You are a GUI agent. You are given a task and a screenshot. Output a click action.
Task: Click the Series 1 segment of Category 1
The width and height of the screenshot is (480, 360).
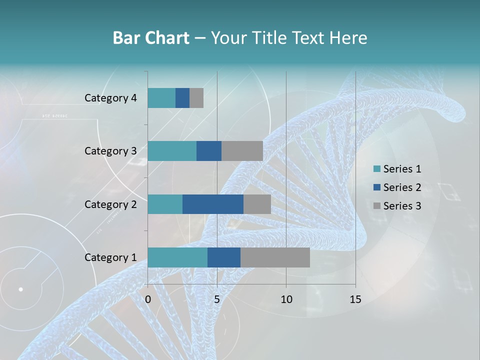(177, 257)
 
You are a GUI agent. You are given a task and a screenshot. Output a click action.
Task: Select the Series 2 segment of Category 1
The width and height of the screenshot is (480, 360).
(224, 257)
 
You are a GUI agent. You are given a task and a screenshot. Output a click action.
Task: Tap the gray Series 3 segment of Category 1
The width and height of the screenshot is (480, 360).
(275, 257)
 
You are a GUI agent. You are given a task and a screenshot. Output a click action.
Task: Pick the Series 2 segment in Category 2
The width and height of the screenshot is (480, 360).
(213, 204)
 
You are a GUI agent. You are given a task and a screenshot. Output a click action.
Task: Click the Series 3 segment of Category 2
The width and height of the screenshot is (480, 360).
(257, 204)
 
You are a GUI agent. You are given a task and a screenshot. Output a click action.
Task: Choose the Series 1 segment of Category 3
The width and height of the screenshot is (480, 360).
(172, 151)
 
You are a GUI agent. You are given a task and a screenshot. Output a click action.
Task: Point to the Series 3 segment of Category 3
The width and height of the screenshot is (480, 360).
(242, 151)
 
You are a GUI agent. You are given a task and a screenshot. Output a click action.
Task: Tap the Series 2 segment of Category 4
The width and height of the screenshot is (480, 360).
(182, 98)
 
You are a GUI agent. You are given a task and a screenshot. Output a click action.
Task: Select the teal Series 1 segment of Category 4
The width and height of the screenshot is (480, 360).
(161, 98)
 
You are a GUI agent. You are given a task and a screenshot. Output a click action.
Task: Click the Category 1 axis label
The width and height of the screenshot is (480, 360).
(110, 257)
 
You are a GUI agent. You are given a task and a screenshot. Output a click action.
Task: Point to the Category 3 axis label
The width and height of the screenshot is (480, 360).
(110, 151)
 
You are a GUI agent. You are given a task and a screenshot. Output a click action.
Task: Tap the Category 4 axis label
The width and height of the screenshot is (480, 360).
(110, 98)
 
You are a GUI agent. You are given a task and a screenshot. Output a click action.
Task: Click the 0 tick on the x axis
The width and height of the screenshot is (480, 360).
(148, 299)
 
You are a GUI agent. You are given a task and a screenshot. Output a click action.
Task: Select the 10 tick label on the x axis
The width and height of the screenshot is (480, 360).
(286, 299)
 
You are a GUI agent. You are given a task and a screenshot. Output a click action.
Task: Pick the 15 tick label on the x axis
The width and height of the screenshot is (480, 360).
(355, 299)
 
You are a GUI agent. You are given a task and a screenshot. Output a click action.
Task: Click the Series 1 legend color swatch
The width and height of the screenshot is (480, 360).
(377, 169)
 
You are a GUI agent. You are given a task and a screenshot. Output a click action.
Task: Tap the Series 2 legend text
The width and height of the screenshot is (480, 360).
(402, 187)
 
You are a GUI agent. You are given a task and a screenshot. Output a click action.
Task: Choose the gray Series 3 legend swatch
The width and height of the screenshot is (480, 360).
(377, 206)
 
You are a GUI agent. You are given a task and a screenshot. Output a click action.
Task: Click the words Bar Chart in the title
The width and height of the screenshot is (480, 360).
(151, 38)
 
